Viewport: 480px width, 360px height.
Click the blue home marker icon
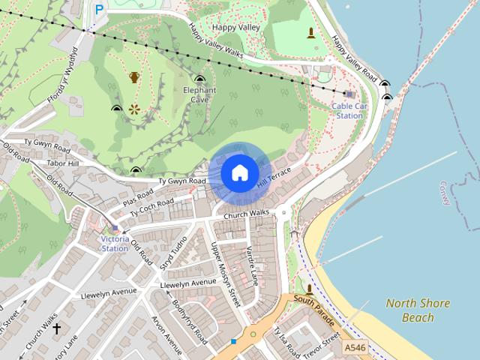pos(239,172)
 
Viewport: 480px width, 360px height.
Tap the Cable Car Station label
pos(349,111)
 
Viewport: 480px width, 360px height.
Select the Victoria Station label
pos(115,244)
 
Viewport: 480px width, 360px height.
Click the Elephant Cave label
pos(199,94)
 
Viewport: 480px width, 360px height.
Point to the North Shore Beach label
pos(418,310)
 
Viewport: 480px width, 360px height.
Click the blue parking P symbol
pos(99,10)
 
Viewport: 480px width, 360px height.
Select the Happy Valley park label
pos(235,27)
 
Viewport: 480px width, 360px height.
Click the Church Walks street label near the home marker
pos(240,214)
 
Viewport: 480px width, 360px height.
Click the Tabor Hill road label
pos(62,163)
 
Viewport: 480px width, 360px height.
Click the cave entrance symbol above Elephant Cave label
pos(199,79)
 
